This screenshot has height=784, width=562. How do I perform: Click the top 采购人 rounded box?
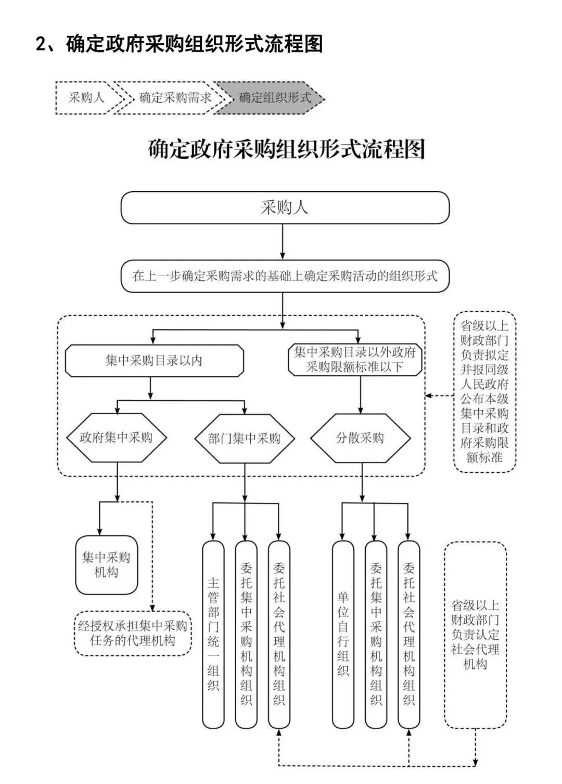tap(285, 208)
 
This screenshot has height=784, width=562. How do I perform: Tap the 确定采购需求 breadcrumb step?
tap(174, 97)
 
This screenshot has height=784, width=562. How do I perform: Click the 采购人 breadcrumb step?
tap(86, 97)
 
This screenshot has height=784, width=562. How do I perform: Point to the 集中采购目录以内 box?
tap(154, 360)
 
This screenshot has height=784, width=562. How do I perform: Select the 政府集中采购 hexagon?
tap(116, 437)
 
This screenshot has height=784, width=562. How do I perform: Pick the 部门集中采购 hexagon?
tap(245, 438)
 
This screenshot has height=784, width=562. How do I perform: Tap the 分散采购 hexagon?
tap(361, 438)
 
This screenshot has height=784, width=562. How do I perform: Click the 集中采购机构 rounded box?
tap(107, 565)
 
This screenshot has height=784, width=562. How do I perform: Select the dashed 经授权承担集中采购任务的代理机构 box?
tap(132, 633)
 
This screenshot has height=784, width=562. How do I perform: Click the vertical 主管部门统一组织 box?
tap(213, 634)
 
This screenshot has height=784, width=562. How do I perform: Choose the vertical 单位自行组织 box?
tap(343, 634)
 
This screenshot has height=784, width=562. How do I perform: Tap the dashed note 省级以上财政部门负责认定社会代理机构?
tap(475, 635)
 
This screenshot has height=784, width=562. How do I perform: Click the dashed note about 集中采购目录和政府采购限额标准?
tap(484, 391)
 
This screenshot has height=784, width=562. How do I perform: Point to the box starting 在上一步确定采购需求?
tap(285, 276)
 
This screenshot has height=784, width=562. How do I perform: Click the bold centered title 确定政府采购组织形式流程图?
tap(287, 149)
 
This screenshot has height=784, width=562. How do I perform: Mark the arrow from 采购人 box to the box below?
tap(283, 242)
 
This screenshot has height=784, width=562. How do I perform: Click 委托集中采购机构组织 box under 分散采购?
tap(376, 634)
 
